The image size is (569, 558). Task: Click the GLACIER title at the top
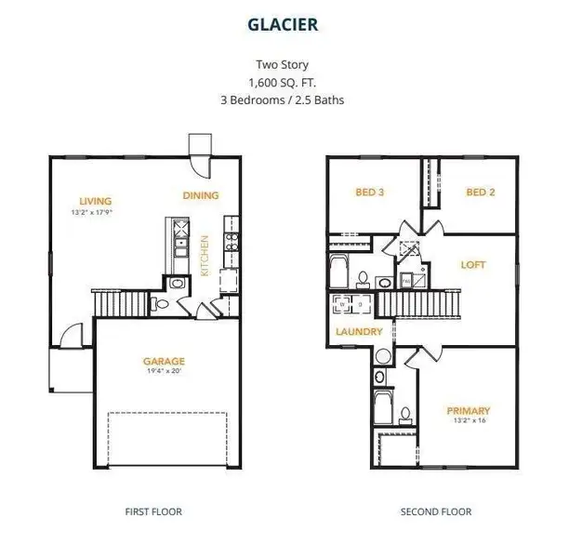point(284,26)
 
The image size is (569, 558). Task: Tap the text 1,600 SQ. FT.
point(284,81)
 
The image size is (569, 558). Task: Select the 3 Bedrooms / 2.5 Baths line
point(284,99)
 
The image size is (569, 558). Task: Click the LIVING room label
point(96,201)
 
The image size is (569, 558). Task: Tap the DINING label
point(201,195)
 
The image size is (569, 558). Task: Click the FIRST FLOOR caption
point(153,511)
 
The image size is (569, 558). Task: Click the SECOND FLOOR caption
point(436,511)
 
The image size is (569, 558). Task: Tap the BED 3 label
point(369,193)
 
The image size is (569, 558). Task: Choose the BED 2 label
point(480,193)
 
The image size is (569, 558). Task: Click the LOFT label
point(473,265)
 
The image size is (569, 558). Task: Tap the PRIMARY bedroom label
point(469,410)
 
